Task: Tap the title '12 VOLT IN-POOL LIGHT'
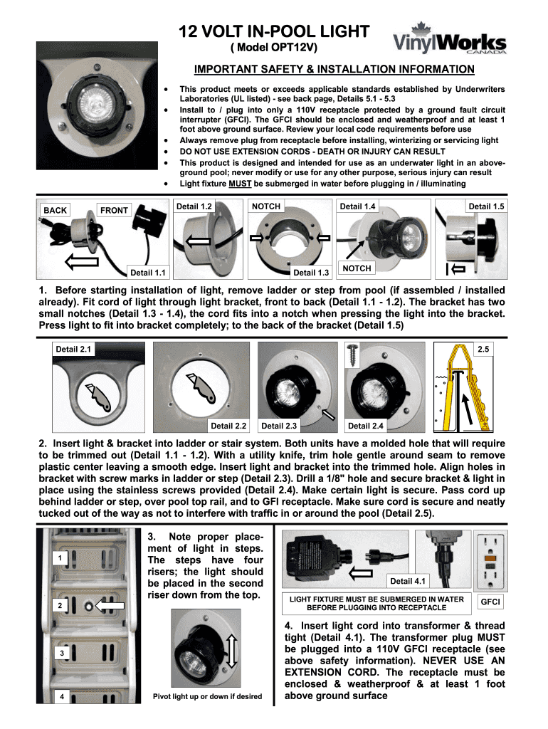click(274, 31)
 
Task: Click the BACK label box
click(56, 210)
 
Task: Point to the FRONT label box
click(114, 210)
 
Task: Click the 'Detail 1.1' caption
click(149, 272)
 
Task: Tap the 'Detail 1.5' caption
click(486, 206)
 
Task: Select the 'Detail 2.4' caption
click(365, 426)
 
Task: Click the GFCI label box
click(490, 602)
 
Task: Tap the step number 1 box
click(61, 558)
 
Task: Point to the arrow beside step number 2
click(110, 606)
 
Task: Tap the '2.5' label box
click(483, 349)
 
